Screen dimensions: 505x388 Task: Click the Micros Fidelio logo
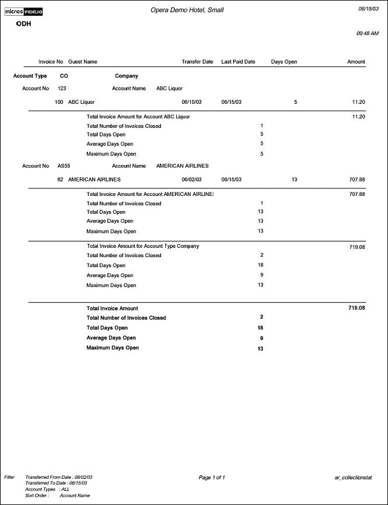(23, 12)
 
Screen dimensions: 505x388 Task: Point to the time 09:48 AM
(368, 34)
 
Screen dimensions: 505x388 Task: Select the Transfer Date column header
(197, 61)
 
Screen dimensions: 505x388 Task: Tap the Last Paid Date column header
(238, 61)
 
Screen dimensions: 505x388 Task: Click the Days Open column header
(284, 61)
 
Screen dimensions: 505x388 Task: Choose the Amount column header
(356, 61)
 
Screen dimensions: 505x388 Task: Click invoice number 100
(59, 102)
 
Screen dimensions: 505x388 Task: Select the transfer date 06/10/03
(191, 102)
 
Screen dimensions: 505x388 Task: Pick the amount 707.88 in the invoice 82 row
(356, 180)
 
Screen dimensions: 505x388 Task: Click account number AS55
(64, 166)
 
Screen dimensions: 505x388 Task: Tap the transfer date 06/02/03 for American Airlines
(191, 180)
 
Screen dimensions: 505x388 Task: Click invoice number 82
(60, 180)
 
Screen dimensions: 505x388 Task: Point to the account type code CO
(64, 76)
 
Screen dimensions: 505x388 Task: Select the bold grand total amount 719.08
(356, 307)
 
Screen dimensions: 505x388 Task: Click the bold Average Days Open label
(111, 338)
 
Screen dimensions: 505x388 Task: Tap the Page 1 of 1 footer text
(212, 478)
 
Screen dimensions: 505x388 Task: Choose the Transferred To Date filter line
(56, 483)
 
